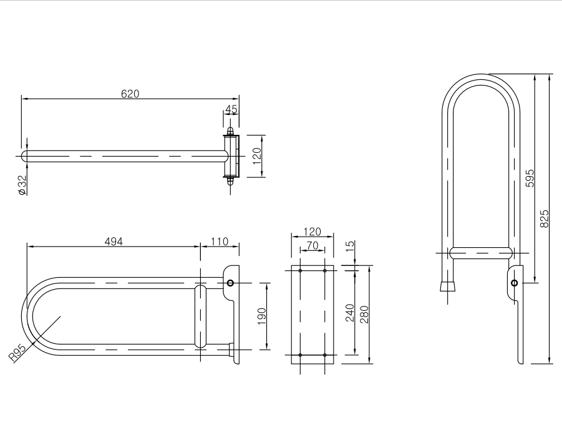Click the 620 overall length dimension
pyautogui.click(x=130, y=94)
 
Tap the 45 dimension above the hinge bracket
pyautogui.click(x=231, y=109)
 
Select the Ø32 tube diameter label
pyautogui.click(x=22, y=185)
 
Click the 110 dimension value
pyautogui.click(x=219, y=242)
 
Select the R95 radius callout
pyautogui.click(x=17, y=354)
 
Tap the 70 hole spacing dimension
pyautogui.click(x=312, y=246)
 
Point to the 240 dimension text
pyautogui.click(x=349, y=312)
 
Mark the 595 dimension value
pyautogui.click(x=530, y=178)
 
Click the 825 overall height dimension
pyautogui.click(x=545, y=218)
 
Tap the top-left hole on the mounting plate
pyautogui.click(x=300, y=270)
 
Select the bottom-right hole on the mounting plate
pyautogui.click(x=324, y=355)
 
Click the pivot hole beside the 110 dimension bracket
pyautogui.click(x=231, y=283)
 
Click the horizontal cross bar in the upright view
pyautogui.click(x=481, y=253)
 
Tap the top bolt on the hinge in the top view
pyautogui.click(x=231, y=132)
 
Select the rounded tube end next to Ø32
pyautogui.click(x=26, y=156)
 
